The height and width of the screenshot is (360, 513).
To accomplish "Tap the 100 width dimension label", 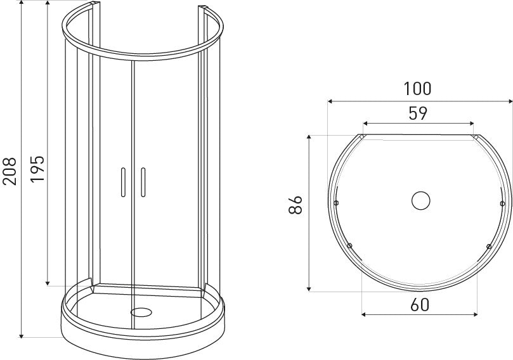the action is click(417, 89).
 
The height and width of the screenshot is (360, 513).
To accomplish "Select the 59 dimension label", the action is click(418, 113).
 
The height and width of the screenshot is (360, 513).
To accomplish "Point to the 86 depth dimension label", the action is click(295, 205).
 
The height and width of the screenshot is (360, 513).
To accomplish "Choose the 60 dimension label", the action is click(419, 305).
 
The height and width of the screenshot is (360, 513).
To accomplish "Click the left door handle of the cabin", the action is click(123, 183).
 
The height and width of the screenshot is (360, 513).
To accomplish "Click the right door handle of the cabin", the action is click(143, 183).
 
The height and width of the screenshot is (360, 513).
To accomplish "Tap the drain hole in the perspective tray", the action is click(141, 312).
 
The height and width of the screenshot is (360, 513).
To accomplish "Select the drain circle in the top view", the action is click(421, 200).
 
